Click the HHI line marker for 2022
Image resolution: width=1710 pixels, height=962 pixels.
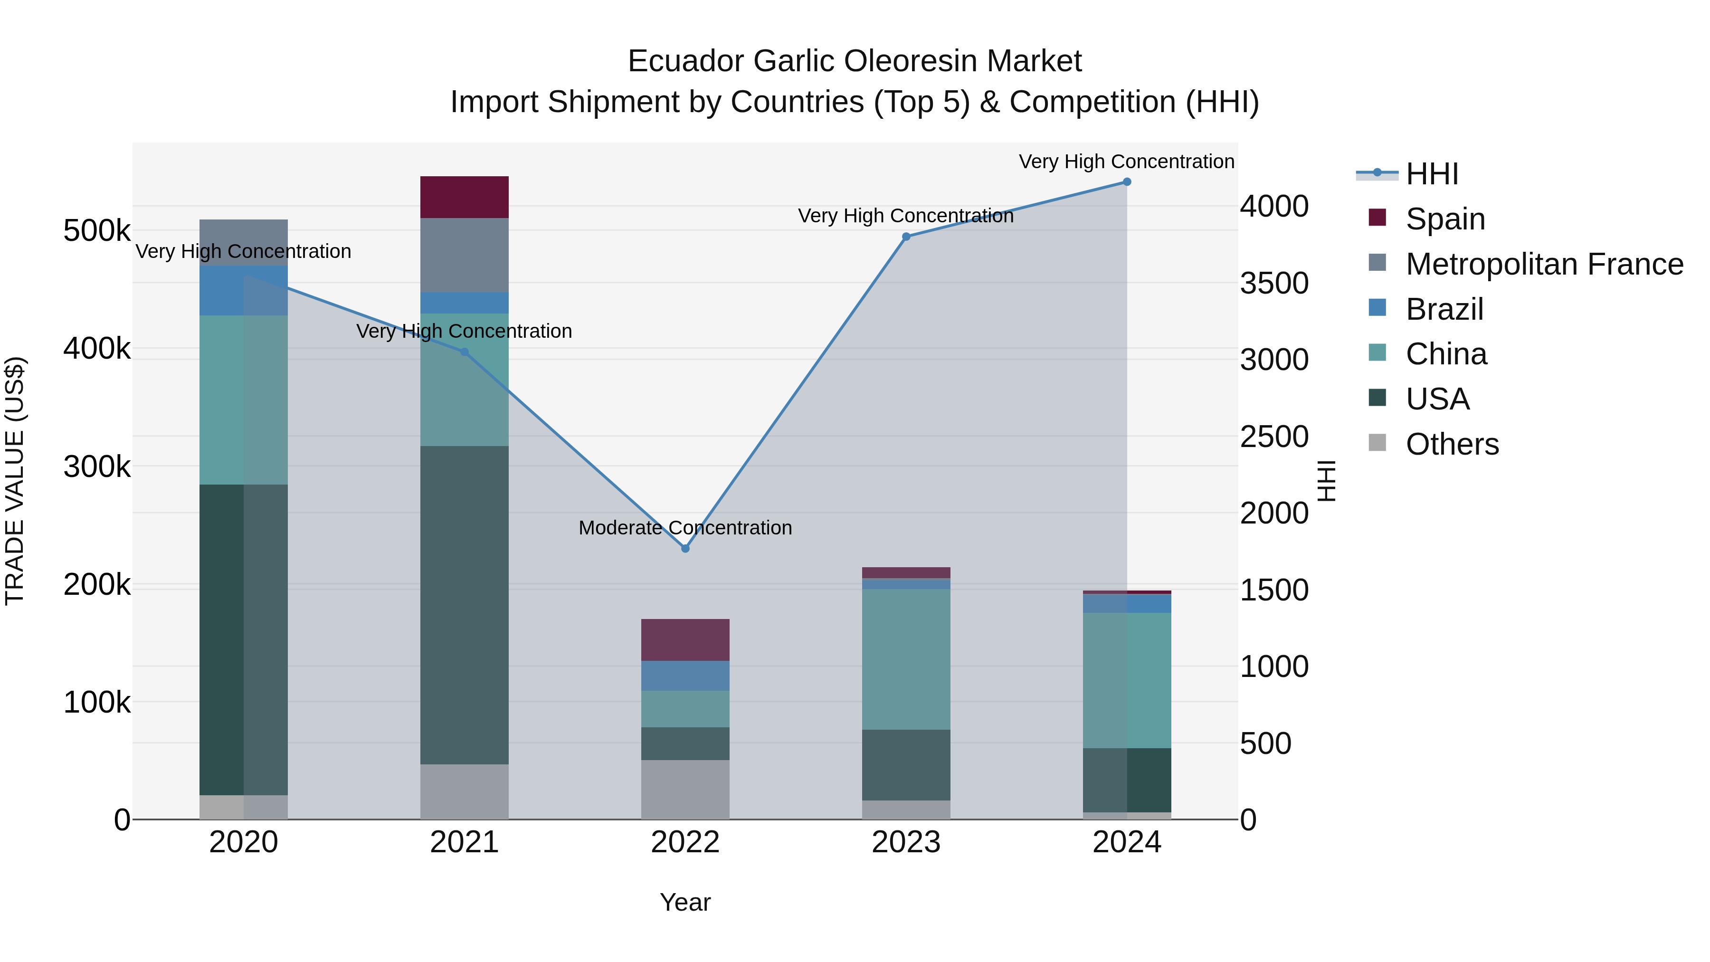(x=685, y=548)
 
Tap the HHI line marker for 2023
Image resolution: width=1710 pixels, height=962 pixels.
(x=906, y=237)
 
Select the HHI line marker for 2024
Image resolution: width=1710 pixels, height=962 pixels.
(x=1127, y=182)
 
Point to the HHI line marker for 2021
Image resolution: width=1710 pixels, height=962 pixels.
(x=465, y=352)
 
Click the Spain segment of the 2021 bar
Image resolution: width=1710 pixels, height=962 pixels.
(x=465, y=197)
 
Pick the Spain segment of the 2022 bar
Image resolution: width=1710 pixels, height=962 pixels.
(x=685, y=639)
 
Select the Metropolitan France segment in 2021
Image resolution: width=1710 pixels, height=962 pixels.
(x=465, y=255)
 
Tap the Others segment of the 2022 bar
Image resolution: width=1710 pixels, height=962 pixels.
(x=685, y=790)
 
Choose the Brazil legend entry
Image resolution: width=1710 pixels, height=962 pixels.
(x=1444, y=309)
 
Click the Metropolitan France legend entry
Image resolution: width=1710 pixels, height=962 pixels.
(x=1544, y=264)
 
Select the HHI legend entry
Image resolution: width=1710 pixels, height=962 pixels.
(x=1432, y=174)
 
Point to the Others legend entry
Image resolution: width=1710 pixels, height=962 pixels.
(x=1452, y=444)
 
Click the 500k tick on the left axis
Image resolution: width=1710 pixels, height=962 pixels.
(x=97, y=231)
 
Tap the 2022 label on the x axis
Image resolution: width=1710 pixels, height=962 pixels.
(x=685, y=842)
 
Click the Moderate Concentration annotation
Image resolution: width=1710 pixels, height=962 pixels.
(x=685, y=528)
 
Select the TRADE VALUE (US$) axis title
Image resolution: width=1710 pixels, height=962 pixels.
(x=15, y=481)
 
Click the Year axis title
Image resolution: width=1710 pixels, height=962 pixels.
(x=685, y=902)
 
